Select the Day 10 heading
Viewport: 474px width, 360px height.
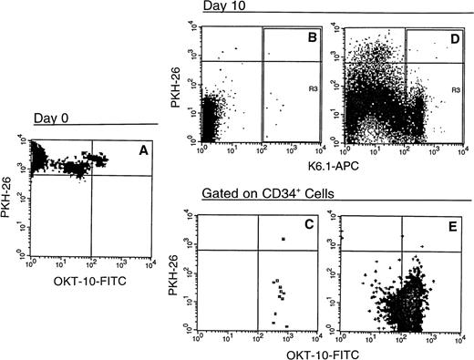pyautogui.click(x=220, y=7)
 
